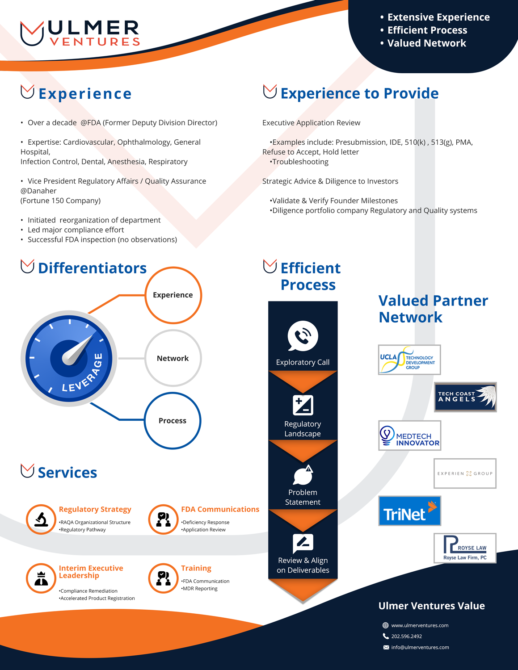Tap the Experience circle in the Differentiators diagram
pos(173,295)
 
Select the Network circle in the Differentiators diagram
pos(173,358)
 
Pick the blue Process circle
pos(173,421)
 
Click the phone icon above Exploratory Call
pos(303,336)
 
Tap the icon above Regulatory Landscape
pos(303,405)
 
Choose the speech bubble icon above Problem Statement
pos(303,475)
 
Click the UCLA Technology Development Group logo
pos(409,360)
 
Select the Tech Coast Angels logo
pos(465,397)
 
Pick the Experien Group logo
pos(465,473)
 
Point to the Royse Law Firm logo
pos(465,548)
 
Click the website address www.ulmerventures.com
pos(420,625)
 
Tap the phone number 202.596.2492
pos(406,636)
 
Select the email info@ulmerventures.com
pos(420,647)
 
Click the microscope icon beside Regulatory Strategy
pos(41,519)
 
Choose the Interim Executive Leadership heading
pos(91,572)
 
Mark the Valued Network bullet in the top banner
pos(426,43)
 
